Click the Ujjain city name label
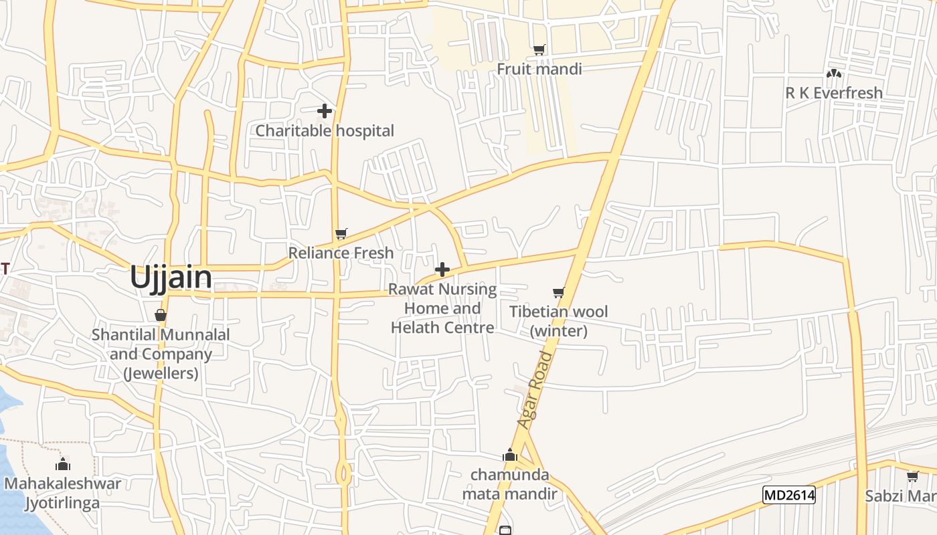pyautogui.click(x=171, y=277)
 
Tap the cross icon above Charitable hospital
pyautogui.click(x=325, y=111)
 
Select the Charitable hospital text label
pyautogui.click(x=325, y=130)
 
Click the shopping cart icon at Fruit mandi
pyautogui.click(x=539, y=49)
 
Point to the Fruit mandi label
pyautogui.click(x=539, y=69)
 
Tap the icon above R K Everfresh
pyautogui.click(x=833, y=74)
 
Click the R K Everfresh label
pyautogui.click(x=833, y=93)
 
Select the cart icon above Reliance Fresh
pyautogui.click(x=341, y=233)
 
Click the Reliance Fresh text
pyautogui.click(x=341, y=253)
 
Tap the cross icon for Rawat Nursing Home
pyautogui.click(x=442, y=270)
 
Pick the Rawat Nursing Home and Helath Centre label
pyautogui.click(x=442, y=308)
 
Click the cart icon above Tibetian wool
pyautogui.click(x=559, y=292)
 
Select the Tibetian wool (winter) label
pyautogui.click(x=559, y=321)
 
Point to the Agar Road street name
pyautogui.click(x=536, y=390)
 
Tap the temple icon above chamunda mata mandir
pyautogui.click(x=510, y=455)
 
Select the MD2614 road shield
pyautogui.click(x=788, y=495)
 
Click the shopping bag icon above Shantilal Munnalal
pyautogui.click(x=160, y=315)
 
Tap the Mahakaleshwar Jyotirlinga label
pyautogui.click(x=63, y=493)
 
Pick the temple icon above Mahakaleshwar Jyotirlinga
pyautogui.click(x=64, y=464)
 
